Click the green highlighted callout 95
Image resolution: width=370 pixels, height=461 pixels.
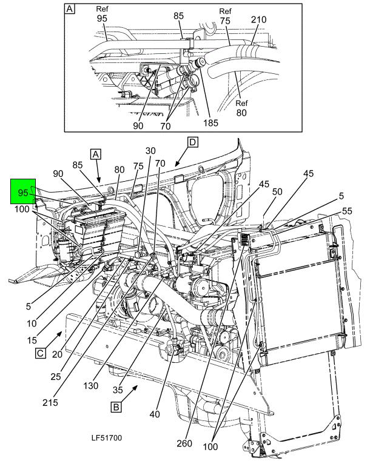point(23,191)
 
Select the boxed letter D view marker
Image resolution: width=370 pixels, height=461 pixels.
point(192,142)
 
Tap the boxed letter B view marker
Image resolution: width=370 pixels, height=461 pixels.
point(116,407)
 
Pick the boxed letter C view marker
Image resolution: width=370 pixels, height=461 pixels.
point(40,353)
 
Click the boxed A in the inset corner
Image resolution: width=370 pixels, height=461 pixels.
point(70,8)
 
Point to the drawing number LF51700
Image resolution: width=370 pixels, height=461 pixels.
point(107,438)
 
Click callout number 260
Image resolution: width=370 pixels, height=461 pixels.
point(184,443)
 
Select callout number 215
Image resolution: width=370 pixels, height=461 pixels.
point(50,402)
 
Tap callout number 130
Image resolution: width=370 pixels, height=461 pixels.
point(90,385)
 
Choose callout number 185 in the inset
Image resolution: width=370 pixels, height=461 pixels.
point(210,122)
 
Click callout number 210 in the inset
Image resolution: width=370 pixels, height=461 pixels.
point(259,19)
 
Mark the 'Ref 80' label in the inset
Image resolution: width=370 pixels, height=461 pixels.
point(241,108)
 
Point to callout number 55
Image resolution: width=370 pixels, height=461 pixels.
point(348,211)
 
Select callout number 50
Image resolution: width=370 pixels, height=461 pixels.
point(277,191)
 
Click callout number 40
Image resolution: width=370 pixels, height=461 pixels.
point(155,414)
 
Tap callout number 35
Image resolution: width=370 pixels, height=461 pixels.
point(118,390)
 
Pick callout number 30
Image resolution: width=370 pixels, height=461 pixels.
point(150,150)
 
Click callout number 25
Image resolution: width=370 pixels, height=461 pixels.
point(56,376)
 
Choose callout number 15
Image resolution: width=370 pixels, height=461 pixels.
point(32,340)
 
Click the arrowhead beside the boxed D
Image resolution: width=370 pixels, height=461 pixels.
point(177,164)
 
